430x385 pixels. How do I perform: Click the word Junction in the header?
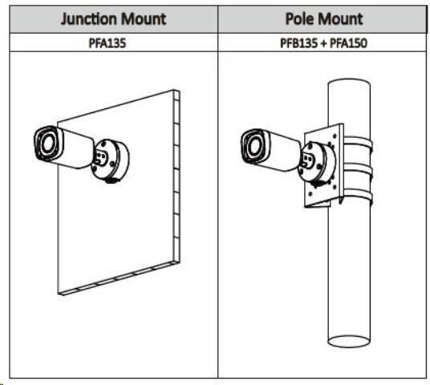pos(88,19)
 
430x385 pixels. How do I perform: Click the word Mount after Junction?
pos(144,19)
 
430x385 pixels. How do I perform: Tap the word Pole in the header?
pos(299,19)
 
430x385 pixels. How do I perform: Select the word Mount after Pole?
pos(340,19)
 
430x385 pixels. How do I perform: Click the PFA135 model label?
pos(107,43)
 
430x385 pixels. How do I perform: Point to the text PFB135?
pos(299,43)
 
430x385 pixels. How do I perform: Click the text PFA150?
pos(348,43)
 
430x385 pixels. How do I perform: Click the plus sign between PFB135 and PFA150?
pos(323,43)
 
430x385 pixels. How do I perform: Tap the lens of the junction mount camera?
pos(47,143)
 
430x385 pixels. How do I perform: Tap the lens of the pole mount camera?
pos(255,146)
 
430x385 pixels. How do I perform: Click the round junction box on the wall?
pos(111,160)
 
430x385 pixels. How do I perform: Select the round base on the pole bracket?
pos(318,164)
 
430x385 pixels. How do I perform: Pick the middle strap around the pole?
pos(358,168)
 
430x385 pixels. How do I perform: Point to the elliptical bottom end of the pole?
pos(349,341)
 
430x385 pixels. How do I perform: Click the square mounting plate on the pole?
pos(324,166)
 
